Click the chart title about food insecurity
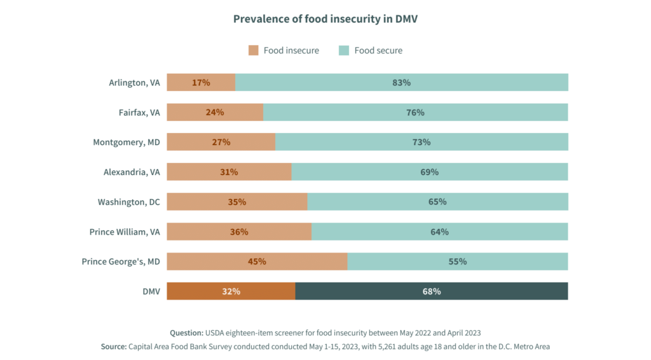[325, 18]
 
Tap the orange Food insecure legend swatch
[254, 50]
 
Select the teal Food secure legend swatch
[344, 50]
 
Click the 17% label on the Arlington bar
[201, 83]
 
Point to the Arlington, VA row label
[134, 83]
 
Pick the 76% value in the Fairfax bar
[415, 113]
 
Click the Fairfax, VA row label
[139, 113]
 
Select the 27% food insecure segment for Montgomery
[221, 142]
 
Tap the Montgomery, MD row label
[127, 142]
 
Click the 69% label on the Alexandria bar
[429, 172]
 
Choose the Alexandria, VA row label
[132, 172]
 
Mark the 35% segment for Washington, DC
[236, 202]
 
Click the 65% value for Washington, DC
[437, 202]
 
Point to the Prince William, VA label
[125, 232]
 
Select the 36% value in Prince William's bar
[239, 232]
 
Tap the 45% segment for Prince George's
[257, 261]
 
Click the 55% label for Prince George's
[458, 261]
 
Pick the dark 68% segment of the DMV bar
[432, 291]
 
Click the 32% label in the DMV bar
[231, 291]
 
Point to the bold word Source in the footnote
[113, 347]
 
